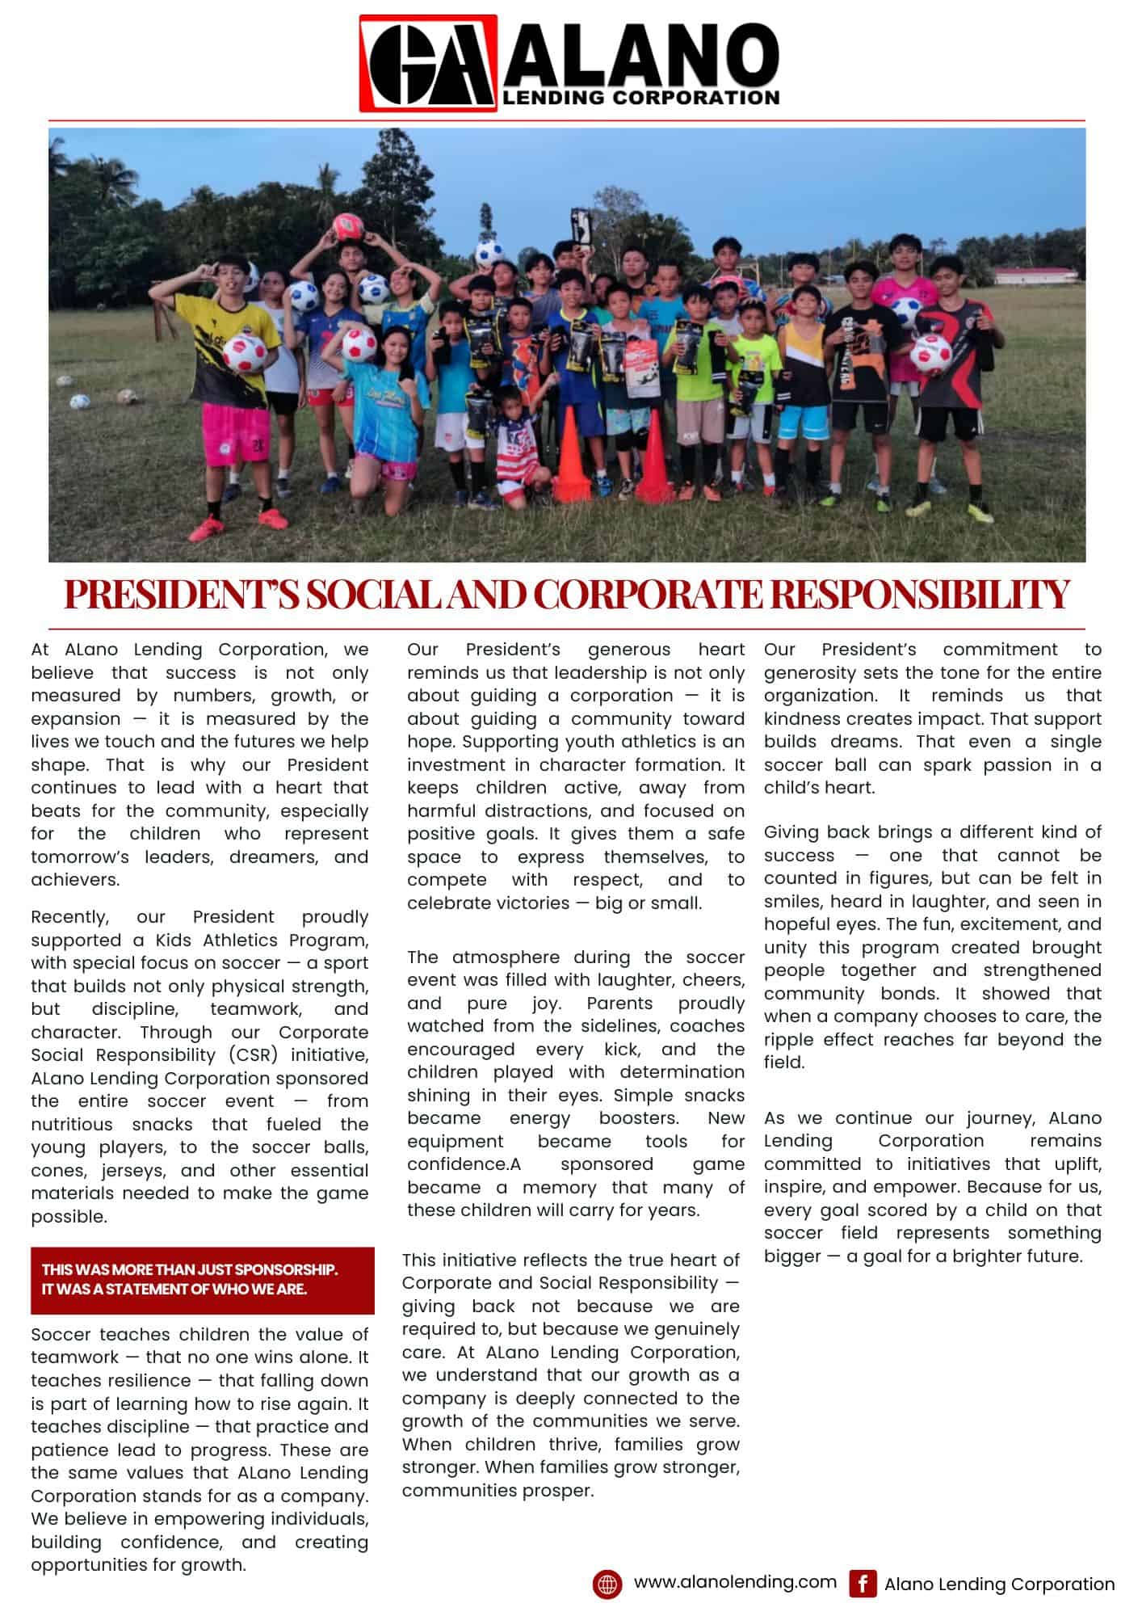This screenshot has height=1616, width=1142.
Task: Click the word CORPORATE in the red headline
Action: click(x=647, y=595)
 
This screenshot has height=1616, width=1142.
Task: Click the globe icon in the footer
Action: click(x=607, y=1584)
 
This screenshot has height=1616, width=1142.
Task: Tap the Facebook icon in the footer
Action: click(x=863, y=1584)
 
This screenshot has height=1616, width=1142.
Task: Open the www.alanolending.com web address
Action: click(x=735, y=1583)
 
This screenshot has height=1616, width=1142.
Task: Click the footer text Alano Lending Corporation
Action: click(x=999, y=1585)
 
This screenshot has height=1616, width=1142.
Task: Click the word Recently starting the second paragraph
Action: click(x=69, y=917)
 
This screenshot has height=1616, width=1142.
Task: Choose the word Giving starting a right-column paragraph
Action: click(x=791, y=832)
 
